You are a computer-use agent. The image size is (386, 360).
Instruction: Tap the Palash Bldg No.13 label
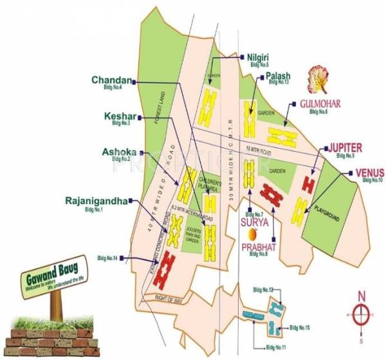point(279,78)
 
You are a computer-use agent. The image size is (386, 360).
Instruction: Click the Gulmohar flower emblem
point(318,79)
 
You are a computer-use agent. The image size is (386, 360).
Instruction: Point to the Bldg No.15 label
point(299,328)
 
